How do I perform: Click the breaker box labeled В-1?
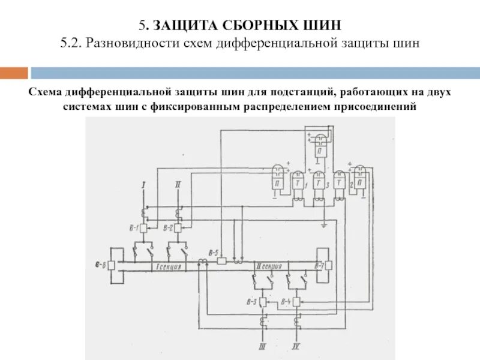(145, 228)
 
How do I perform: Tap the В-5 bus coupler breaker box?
(221, 261)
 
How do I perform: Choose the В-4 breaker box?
(296, 301)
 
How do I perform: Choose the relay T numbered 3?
(319, 181)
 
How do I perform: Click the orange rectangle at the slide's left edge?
(14, 73)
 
